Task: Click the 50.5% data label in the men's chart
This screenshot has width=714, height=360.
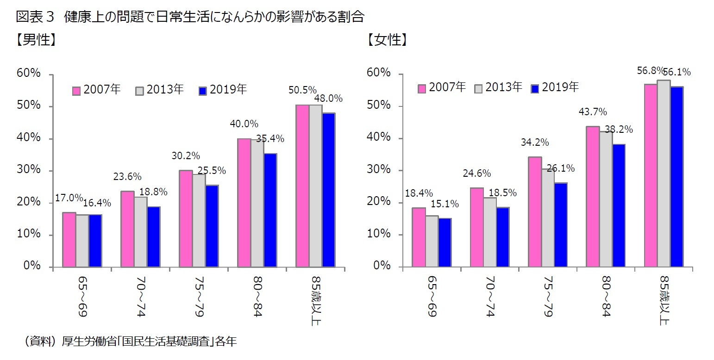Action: click(x=302, y=90)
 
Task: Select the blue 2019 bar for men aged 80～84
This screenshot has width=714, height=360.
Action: click(x=270, y=211)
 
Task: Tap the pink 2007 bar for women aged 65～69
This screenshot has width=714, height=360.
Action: click(x=419, y=237)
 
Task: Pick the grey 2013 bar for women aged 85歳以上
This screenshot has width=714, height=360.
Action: click(x=664, y=174)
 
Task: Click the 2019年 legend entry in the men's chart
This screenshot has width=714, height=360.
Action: click(x=222, y=90)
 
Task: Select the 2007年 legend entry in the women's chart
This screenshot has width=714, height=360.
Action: click(x=442, y=87)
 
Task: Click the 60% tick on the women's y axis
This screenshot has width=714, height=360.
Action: click(x=379, y=73)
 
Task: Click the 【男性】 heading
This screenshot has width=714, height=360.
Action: click(x=37, y=40)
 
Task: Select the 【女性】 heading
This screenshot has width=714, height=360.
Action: click(x=387, y=40)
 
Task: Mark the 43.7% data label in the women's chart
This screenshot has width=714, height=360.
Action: click(x=592, y=112)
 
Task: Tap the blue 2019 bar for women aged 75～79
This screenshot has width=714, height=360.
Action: click(x=560, y=225)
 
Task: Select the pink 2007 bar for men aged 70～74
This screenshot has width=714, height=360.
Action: click(x=127, y=229)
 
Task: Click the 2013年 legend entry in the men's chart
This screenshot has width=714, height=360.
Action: click(x=160, y=90)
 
